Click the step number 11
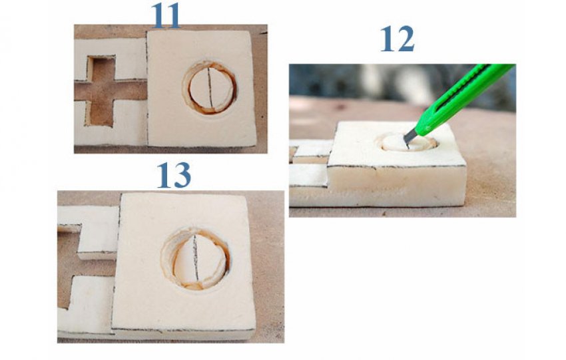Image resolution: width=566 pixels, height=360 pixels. tap(166, 16)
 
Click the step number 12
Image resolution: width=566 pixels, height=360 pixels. tap(397, 39)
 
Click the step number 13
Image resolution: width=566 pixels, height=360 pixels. tap(174, 175)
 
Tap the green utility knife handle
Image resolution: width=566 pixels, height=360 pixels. tap(465, 98)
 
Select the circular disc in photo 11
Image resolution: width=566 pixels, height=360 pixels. tap(210, 88)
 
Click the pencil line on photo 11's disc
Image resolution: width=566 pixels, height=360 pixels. tap(210, 88)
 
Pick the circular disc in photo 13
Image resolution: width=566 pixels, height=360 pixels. tap(195, 259)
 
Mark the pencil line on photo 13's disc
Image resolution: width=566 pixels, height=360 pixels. tap(195, 257)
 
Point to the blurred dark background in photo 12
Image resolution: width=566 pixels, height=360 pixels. tap(361, 81)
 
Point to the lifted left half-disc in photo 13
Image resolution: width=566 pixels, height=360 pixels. tap(184, 260)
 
